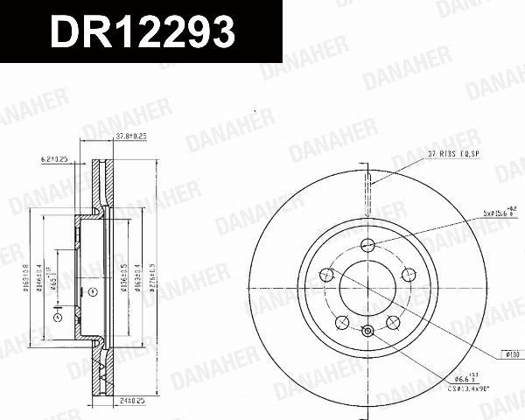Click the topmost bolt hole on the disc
(367, 245)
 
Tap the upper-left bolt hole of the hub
(327, 275)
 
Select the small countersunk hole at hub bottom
(367, 330)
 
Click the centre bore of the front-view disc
(367, 289)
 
